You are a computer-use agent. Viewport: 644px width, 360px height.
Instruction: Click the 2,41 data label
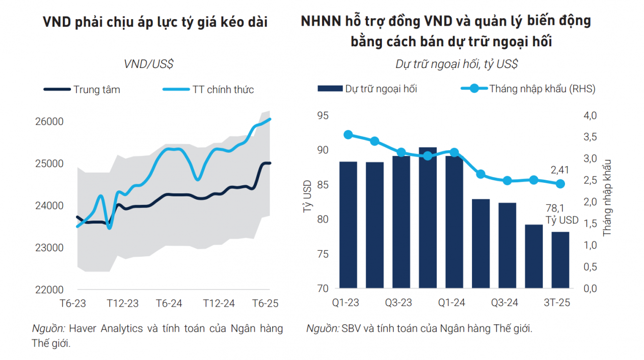click(560, 170)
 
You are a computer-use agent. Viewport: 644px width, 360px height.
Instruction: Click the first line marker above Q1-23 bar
click(348, 134)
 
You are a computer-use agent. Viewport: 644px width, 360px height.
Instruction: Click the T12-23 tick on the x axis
click(122, 304)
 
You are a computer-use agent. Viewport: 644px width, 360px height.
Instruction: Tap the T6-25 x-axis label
click(265, 304)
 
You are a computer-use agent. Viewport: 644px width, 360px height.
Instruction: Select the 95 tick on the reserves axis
click(323, 116)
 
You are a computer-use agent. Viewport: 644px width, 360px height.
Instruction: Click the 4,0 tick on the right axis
click(590, 116)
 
